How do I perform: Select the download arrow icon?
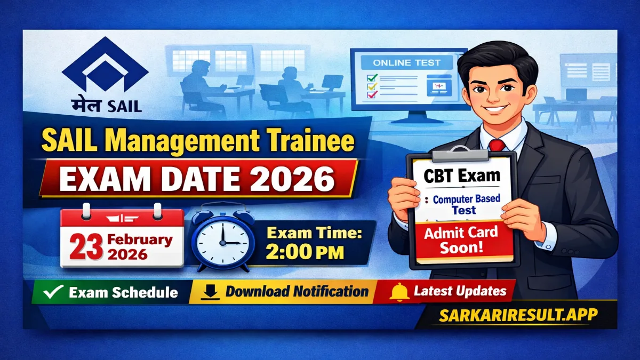pyautogui.click(x=211, y=292)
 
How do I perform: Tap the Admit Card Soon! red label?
pyautogui.click(x=462, y=240)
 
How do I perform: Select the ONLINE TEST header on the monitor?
pyautogui.click(x=406, y=63)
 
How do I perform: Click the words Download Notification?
pyautogui.click(x=297, y=292)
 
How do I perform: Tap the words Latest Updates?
pyautogui.click(x=460, y=291)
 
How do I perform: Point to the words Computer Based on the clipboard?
pyautogui.click(x=467, y=199)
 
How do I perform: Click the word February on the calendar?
pyautogui.click(x=139, y=239)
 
